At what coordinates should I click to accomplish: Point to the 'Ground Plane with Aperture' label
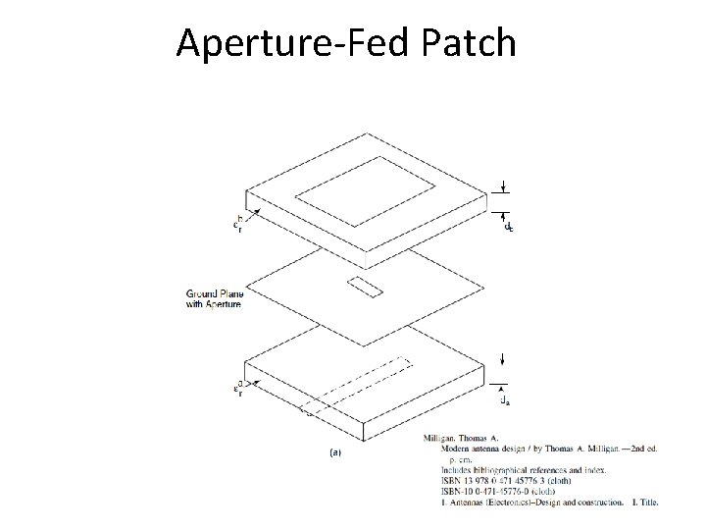213,298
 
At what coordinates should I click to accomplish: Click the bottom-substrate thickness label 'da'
505,399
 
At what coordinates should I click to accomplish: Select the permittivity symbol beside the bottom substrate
238,390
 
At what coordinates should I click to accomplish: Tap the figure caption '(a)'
335,452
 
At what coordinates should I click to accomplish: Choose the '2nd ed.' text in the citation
637,448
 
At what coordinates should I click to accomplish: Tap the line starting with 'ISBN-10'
510,492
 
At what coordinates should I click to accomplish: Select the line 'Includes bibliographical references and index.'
529,470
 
